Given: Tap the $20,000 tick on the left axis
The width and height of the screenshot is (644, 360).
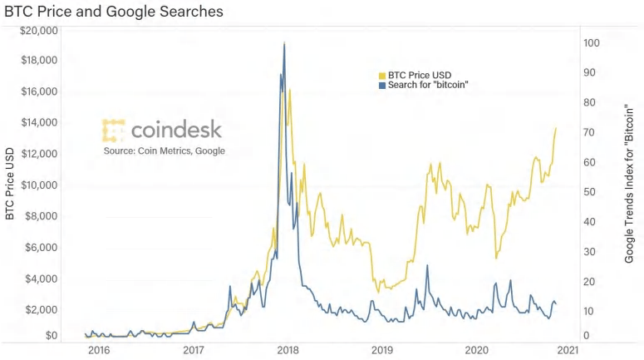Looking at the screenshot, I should pyautogui.click(x=38, y=30).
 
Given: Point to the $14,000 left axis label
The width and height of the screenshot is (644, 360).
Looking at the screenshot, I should pyautogui.click(x=38, y=122).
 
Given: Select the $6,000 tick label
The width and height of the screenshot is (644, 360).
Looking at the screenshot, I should pyautogui.click(x=41, y=247).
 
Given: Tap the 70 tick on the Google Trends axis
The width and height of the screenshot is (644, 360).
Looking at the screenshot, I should pyautogui.click(x=588, y=132).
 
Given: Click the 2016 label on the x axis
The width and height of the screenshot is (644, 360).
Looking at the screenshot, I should pyautogui.click(x=99, y=351).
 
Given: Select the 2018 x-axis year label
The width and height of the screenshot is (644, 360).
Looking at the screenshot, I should pyautogui.click(x=288, y=351).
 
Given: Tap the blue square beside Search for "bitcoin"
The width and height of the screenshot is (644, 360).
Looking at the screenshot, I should pyautogui.click(x=382, y=85).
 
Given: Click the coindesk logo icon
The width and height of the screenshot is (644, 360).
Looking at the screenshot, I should pyautogui.click(x=114, y=130).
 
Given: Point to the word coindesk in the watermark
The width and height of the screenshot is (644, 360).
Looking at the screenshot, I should pyautogui.click(x=176, y=130).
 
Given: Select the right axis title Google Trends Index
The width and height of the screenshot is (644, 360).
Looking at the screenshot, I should pyautogui.click(x=629, y=183).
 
